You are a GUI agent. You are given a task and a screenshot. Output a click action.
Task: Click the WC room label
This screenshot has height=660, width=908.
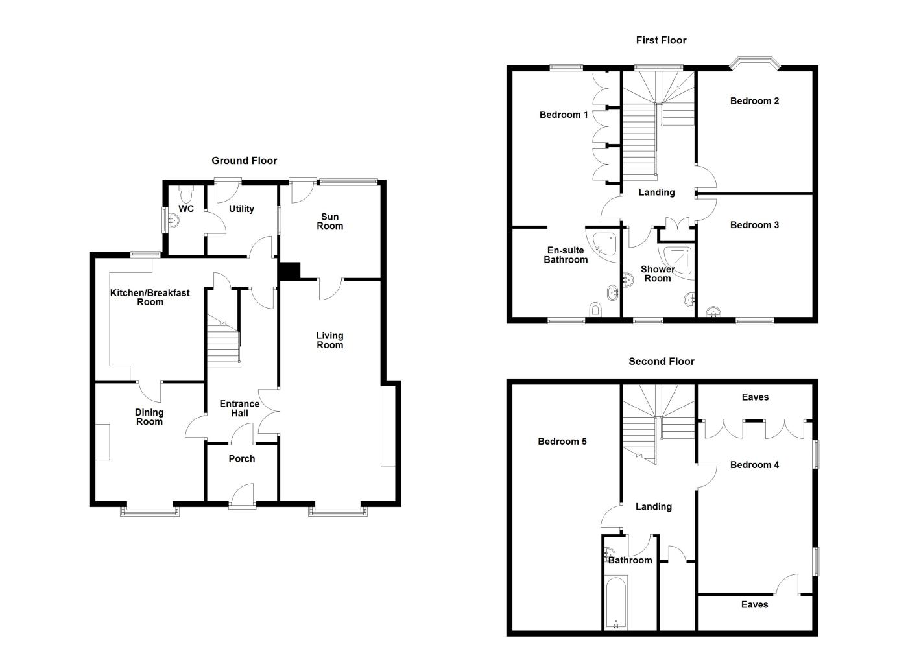(186, 209)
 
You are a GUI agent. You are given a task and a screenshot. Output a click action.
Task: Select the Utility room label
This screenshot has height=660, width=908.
(241, 209)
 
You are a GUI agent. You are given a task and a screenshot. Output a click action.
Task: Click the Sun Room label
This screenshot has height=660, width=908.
(329, 222)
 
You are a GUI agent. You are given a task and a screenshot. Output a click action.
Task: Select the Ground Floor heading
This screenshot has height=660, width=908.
(244, 161)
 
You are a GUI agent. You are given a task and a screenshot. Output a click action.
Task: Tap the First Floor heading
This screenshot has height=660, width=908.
(661, 40)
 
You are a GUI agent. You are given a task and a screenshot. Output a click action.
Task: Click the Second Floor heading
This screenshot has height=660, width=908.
(661, 362)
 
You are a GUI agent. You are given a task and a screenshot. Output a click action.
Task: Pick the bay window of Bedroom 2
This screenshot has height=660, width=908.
(754, 63)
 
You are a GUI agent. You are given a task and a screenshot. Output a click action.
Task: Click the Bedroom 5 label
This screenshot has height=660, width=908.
(562, 442)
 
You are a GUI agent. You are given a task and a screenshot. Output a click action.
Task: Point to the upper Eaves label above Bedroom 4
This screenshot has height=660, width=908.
(755, 397)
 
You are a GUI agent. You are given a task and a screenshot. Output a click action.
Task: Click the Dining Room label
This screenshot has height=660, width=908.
(149, 417)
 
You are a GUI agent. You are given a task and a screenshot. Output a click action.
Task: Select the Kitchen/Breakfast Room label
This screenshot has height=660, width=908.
(150, 298)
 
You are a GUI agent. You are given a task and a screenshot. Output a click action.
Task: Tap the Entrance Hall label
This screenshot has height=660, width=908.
(239, 408)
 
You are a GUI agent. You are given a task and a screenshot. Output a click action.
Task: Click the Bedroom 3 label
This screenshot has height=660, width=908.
(754, 225)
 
